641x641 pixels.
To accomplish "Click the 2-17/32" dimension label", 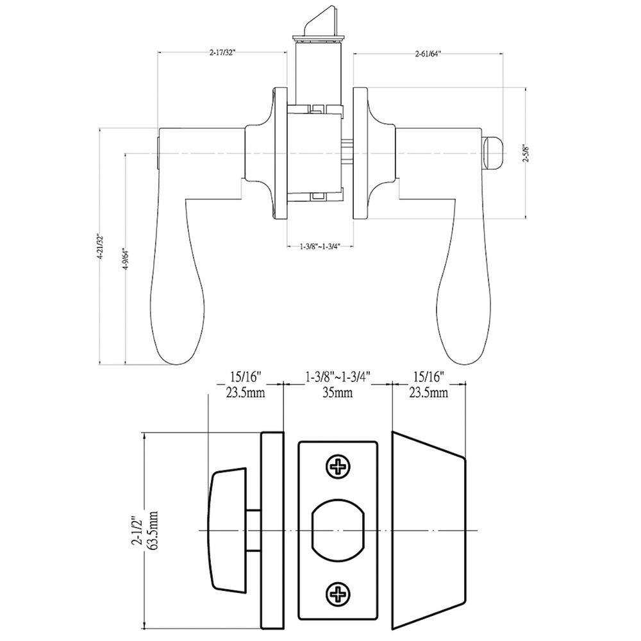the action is point(223,53).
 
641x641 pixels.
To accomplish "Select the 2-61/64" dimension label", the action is point(428,54).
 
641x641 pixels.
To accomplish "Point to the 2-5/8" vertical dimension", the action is point(527,153).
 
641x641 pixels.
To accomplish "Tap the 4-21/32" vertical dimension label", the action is point(99,247).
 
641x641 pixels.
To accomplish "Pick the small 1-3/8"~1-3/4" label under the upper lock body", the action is point(320,246).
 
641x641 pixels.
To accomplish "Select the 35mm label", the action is point(338,393).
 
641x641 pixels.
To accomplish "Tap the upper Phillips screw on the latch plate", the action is point(338,466).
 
